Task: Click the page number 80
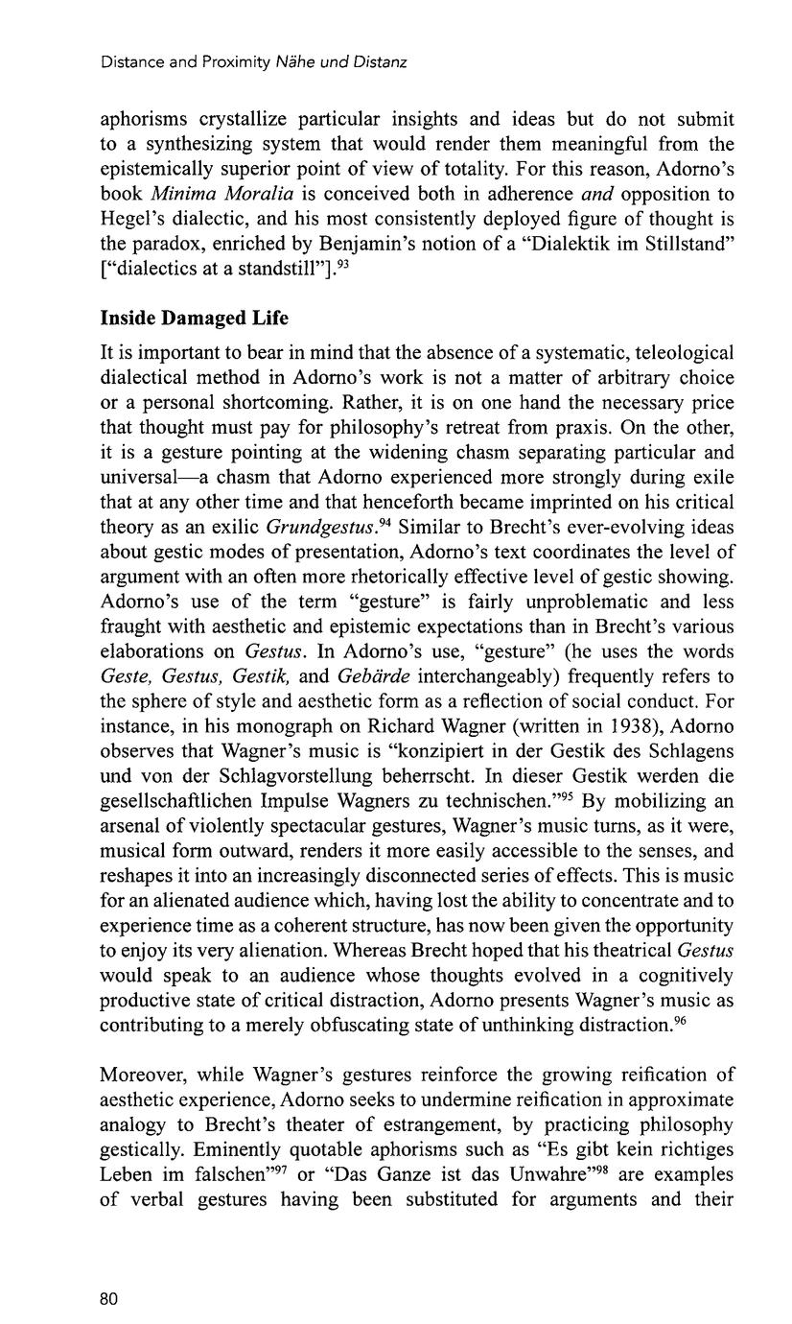(x=108, y=1299)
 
